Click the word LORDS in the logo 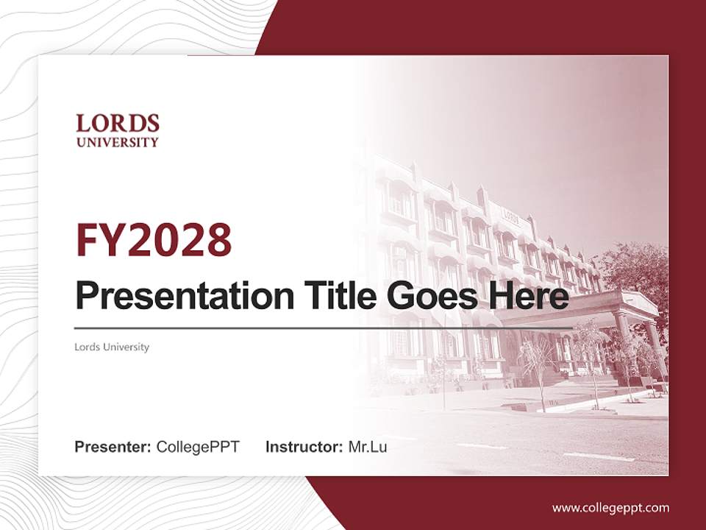[x=118, y=123]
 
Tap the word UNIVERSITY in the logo [x=118, y=142]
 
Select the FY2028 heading [x=154, y=239]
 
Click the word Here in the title [x=533, y=297]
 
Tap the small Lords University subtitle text [x=112, y=347]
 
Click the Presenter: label [x=113, y=447]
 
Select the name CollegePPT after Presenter [x=198, y=447]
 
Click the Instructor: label [x=304, y=447]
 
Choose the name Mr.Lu [x=368, y=447]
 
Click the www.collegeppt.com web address [x=610, y=507]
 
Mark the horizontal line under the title [x=324, y=328]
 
